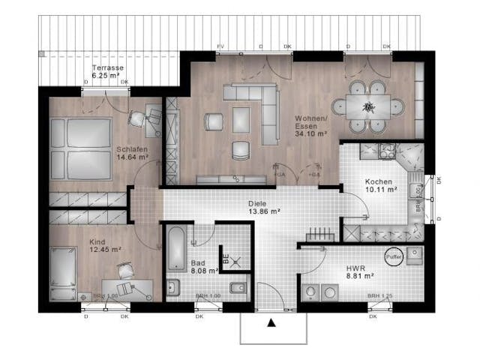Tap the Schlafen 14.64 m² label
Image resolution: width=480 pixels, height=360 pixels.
(131, 153)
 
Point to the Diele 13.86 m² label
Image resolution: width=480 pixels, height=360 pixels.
(264, 208)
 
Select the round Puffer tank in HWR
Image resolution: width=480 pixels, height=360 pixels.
(395, 256)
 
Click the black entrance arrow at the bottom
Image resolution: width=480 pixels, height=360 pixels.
(271, 324)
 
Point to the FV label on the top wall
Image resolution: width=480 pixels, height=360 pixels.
(220, 46)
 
